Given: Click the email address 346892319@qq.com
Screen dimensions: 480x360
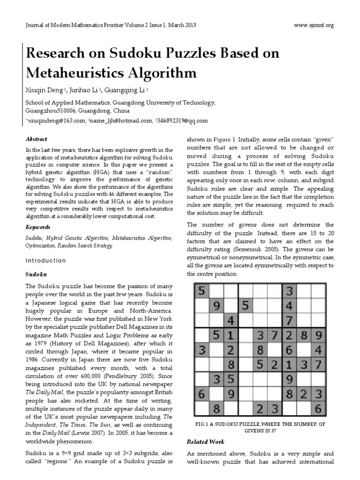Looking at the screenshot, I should point(182,120).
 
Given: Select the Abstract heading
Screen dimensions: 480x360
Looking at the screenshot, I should point(36,139).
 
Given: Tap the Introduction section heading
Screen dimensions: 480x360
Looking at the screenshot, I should point(45,260).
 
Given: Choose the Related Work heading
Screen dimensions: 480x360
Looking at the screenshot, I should point(206,442).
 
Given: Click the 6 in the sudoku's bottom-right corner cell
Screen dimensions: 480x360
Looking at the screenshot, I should point(318,409).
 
